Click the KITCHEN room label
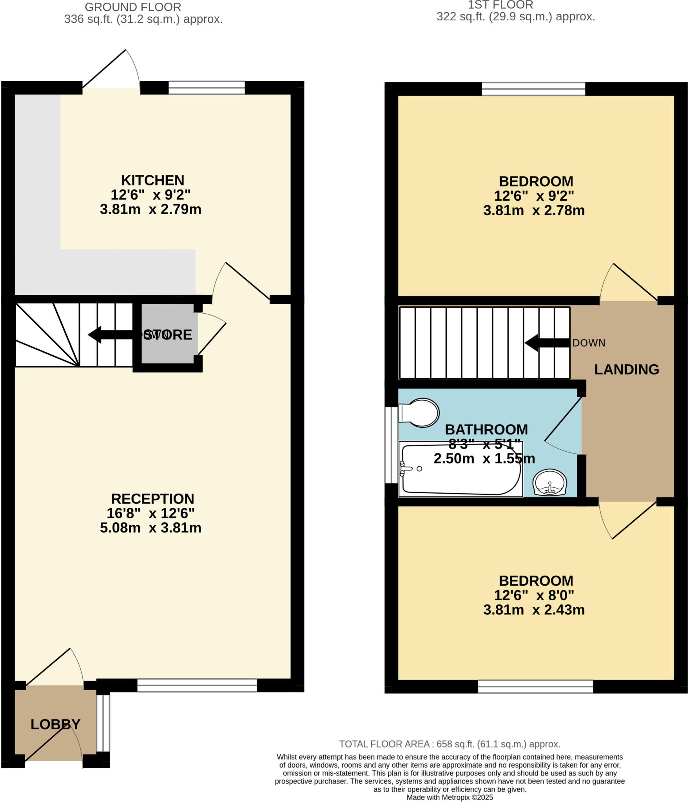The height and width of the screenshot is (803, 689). coord(152,180)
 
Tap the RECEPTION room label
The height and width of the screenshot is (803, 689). coord(152,499)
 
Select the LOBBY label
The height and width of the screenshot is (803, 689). coord(55,724)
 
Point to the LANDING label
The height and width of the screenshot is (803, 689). coord(626,369)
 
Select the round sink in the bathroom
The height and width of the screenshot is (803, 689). coord(549,483)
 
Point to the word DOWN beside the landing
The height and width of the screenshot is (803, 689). coord(589,343)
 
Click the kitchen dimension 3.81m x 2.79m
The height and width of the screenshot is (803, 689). coord(150,209)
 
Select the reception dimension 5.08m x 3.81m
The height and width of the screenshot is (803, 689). coord(150,528)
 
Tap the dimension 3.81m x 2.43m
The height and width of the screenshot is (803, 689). coord(534,610)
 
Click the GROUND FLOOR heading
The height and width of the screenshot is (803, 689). coord(133,7)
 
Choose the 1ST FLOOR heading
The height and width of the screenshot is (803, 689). coord(500,5)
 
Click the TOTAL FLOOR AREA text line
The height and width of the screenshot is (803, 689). coord(450,744)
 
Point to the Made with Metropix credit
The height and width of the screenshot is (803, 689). coord(450,798)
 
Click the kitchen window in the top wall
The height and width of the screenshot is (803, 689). coord(207,88)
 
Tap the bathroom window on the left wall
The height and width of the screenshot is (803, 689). coord(391,445)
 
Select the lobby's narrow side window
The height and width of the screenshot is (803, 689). coord(103,723)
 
